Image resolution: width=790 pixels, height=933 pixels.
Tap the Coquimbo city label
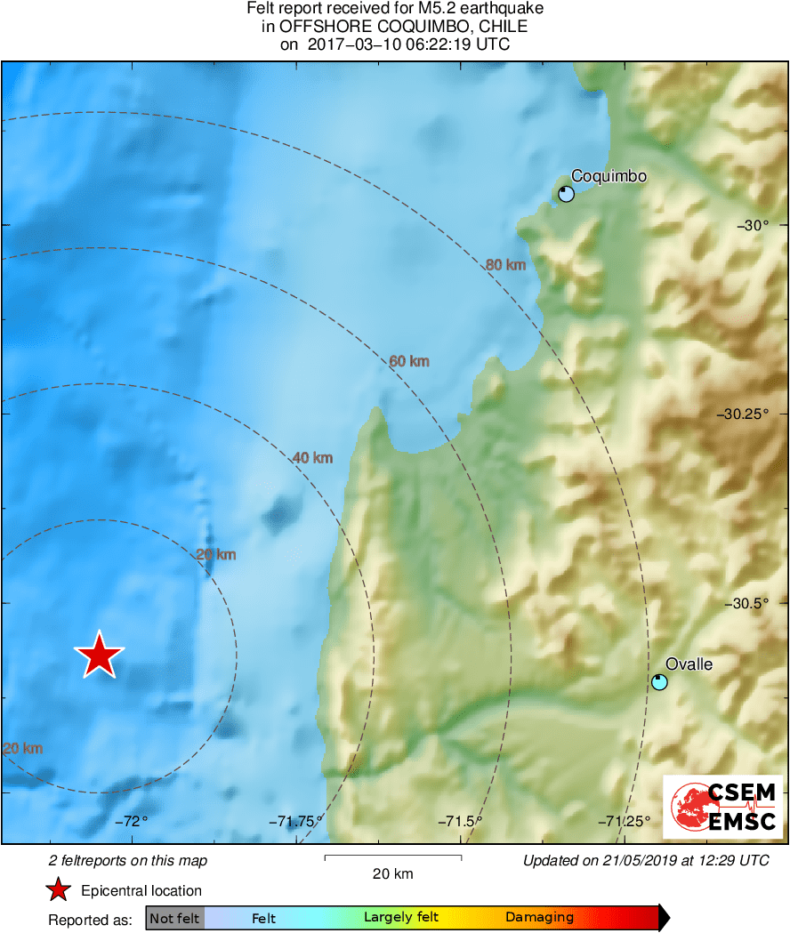(609, 176)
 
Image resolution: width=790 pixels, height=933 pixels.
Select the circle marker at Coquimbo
(566, 194)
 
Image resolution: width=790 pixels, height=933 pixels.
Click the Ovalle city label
(689, 664)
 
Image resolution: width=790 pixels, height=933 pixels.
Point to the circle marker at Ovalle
(659, 682)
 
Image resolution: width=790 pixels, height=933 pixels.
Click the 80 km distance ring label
(505, 264)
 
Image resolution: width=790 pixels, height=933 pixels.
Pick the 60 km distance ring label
(409, 361)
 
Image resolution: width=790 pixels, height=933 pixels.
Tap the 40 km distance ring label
(312, 458)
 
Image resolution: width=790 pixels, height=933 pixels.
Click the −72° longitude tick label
(130, 821)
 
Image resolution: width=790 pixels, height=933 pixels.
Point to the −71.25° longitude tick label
(624, 821)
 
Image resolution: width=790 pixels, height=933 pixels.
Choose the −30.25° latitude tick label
(745, 414)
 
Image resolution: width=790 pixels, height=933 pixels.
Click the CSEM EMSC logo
(723, 807)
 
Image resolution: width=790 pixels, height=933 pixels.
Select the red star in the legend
(59, 890)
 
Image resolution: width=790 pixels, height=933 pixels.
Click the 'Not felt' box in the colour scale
(175, 918)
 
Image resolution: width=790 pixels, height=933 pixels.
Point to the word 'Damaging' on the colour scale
(539, 918)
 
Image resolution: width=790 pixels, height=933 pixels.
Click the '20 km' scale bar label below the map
(392, 873)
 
